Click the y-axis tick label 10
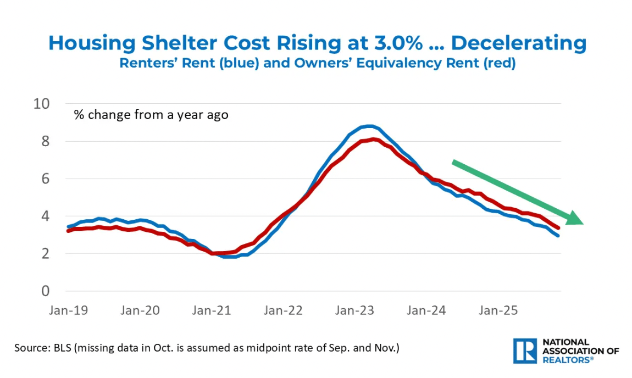point(42,104)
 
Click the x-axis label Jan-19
point(68,310)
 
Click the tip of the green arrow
point(582,223)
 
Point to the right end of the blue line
point(558,235)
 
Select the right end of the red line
point(558,227)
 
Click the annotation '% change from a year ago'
point(151,115)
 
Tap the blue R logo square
point(524,351)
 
